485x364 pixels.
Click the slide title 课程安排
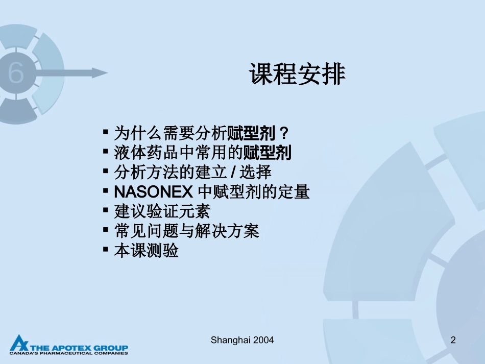click(297, 75)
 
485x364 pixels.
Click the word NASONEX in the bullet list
click(153, 192)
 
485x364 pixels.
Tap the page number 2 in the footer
click(453, 340)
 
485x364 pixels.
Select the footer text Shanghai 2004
click(242, 340)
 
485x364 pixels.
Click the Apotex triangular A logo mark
click(18, 344)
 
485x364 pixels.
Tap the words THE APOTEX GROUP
click(82, 347)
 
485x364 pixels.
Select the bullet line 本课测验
click(146, 251)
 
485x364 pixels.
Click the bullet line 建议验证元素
click(162, 211)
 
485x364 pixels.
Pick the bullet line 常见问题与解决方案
click(187, 231)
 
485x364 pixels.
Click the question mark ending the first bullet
click(285, 134)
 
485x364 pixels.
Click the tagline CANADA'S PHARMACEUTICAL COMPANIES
click(68, 353)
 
